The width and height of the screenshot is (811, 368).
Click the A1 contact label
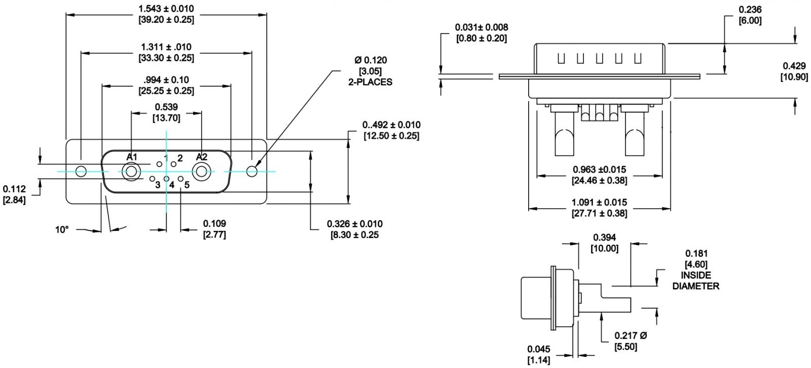point(132,156)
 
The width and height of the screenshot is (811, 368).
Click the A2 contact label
point(202,156)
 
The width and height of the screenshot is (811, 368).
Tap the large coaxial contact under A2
point(202,172)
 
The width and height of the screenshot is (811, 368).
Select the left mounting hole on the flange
point(81,171)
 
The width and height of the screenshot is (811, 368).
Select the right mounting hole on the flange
point(252,171)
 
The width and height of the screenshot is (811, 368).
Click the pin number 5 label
point(187,185)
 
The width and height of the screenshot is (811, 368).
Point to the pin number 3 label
point(158,185)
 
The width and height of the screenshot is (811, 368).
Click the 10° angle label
point(62,229)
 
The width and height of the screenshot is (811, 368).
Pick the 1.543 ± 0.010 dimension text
point(166,9)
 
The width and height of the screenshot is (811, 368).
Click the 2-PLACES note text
point(370,82)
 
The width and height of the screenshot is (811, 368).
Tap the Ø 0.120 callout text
point(370,60)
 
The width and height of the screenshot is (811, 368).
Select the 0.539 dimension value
point(166,107)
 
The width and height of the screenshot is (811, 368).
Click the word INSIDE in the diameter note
point(696,275)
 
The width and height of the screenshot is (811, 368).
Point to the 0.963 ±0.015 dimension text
point(600,170)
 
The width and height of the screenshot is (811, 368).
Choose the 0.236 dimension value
point(750,10)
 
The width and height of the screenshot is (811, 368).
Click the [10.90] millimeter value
point(794,77)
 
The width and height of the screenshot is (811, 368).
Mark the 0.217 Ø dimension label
point(631,336)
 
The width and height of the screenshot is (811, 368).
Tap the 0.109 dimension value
point(214,223)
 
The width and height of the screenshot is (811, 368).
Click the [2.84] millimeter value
point(14,200)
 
